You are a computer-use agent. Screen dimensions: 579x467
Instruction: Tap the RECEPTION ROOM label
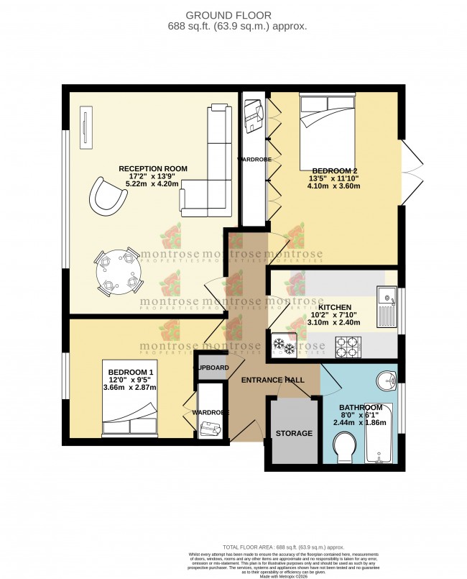[153, 169]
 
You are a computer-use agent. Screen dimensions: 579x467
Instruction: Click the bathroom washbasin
[386, 381]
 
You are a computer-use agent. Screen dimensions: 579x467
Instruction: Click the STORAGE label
[295, 433]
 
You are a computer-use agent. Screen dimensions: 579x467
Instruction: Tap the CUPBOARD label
[212, 368]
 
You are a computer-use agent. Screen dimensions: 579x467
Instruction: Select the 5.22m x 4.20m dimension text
[153, 183]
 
